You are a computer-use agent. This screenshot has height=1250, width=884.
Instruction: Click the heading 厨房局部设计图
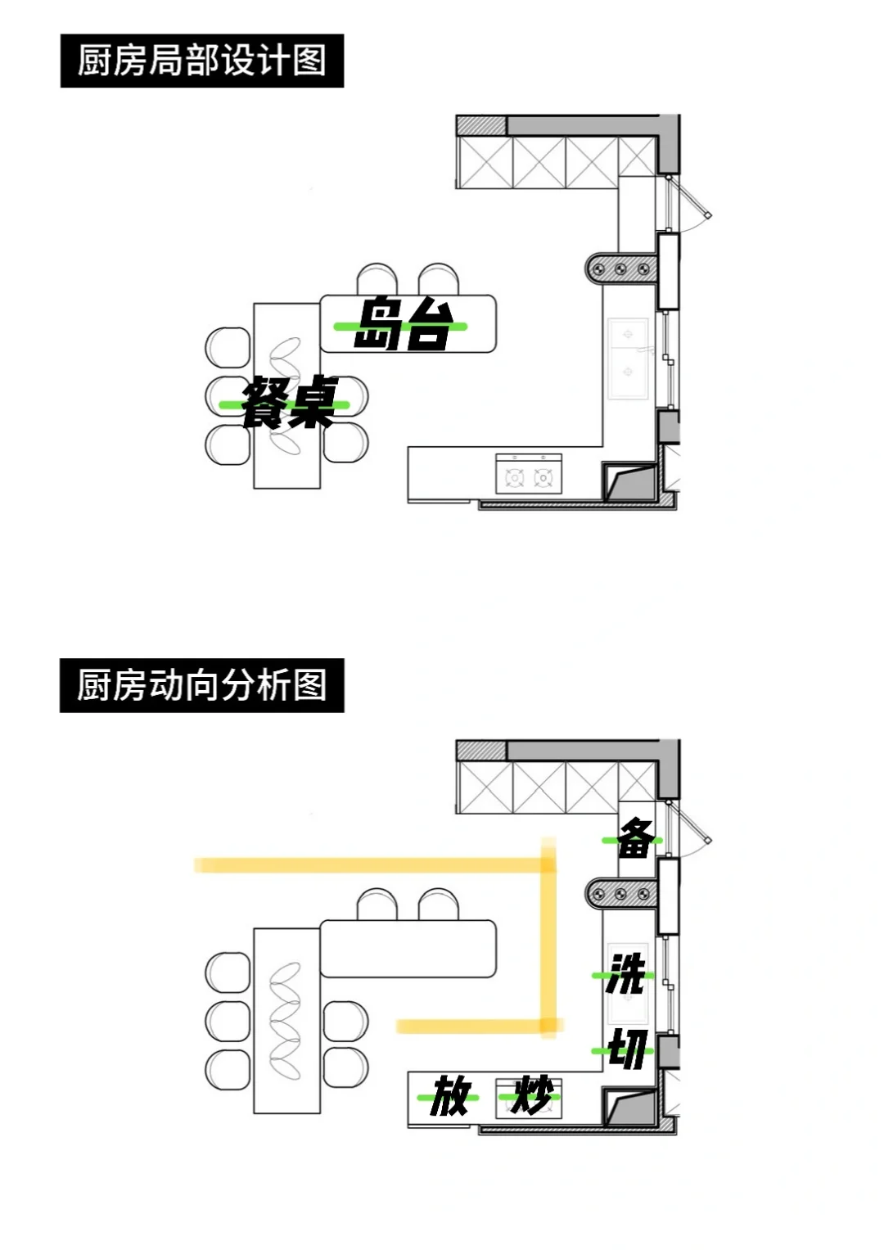(202, 61)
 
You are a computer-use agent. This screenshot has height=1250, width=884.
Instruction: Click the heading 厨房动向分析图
(202, 685)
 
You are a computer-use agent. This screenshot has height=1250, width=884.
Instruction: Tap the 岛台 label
(403, 324)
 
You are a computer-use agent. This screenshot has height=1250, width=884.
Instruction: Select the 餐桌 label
(289, 402)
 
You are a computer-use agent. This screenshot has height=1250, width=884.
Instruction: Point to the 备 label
(635, 838)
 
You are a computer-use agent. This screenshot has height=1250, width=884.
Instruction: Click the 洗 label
(626, 973)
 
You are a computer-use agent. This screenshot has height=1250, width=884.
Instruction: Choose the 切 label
(627, 1049)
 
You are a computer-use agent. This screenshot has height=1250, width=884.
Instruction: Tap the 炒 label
(531, 1094)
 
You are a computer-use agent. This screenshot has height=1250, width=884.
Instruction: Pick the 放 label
(450, 1096)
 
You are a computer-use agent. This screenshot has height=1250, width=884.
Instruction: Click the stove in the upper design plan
(529, 476)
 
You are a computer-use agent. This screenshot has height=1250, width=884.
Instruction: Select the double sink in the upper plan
(629, 358)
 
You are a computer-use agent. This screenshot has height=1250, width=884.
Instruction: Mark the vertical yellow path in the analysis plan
(548, 941)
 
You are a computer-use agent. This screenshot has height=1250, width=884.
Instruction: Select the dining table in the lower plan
(286, 1019)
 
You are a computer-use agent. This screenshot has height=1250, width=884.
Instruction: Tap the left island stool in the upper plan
(377, 278)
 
